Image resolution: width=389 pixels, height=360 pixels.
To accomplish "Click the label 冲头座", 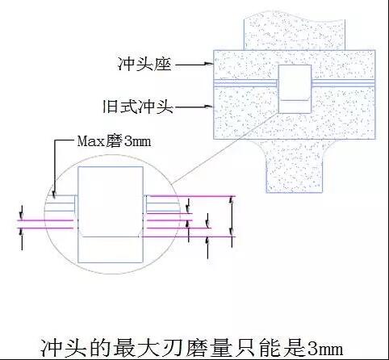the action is pos(144,65).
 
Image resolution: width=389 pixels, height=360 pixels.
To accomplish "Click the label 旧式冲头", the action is pos(138,107).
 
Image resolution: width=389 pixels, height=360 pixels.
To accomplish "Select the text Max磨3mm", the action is pos(114,141).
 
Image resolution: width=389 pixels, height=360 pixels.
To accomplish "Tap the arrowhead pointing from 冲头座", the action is pos(209,64).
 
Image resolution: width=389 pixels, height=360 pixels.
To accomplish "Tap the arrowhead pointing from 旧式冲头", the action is pos(209,107).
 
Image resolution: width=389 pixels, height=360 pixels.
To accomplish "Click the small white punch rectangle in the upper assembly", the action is pos(295,89).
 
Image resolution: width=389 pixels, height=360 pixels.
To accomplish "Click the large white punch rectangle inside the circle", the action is pos(111,215).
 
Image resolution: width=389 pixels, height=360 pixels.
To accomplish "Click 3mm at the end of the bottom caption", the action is pos(325,349).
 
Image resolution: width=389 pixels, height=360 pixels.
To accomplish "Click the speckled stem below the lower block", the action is pos(295,166).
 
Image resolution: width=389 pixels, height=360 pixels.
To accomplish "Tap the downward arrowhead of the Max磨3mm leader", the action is pos(55,195).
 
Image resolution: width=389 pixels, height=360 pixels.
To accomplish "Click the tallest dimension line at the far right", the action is pos(232,222).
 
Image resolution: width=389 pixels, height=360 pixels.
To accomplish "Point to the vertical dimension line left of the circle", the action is pos(22,228).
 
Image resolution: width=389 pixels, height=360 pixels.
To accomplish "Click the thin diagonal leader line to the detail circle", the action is pos(225,147).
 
